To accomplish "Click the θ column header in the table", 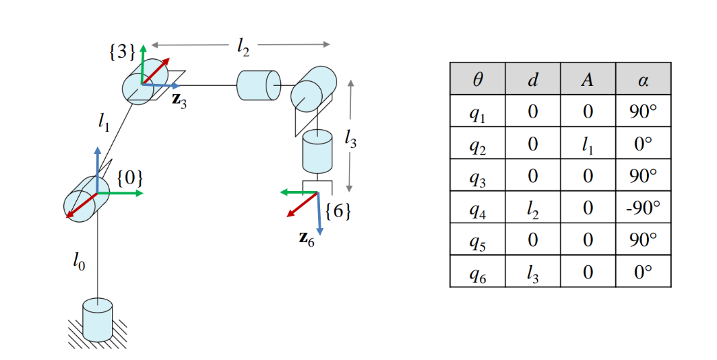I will pos(477,79).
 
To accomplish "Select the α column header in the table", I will pos(643,79).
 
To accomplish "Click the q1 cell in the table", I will pos(477,111).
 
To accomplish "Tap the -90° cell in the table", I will pos(643,207).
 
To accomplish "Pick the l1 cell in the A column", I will pos(588,144).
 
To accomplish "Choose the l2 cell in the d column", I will pos(532,207).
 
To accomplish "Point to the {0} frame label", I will pos(130,178).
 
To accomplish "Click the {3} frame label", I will pos(122,53).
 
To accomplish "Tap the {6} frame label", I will pos(338,211).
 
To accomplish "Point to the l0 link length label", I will pos(80,261).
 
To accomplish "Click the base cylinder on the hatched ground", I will pos(97,319).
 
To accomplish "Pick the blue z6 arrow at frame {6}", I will pos(319,216).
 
